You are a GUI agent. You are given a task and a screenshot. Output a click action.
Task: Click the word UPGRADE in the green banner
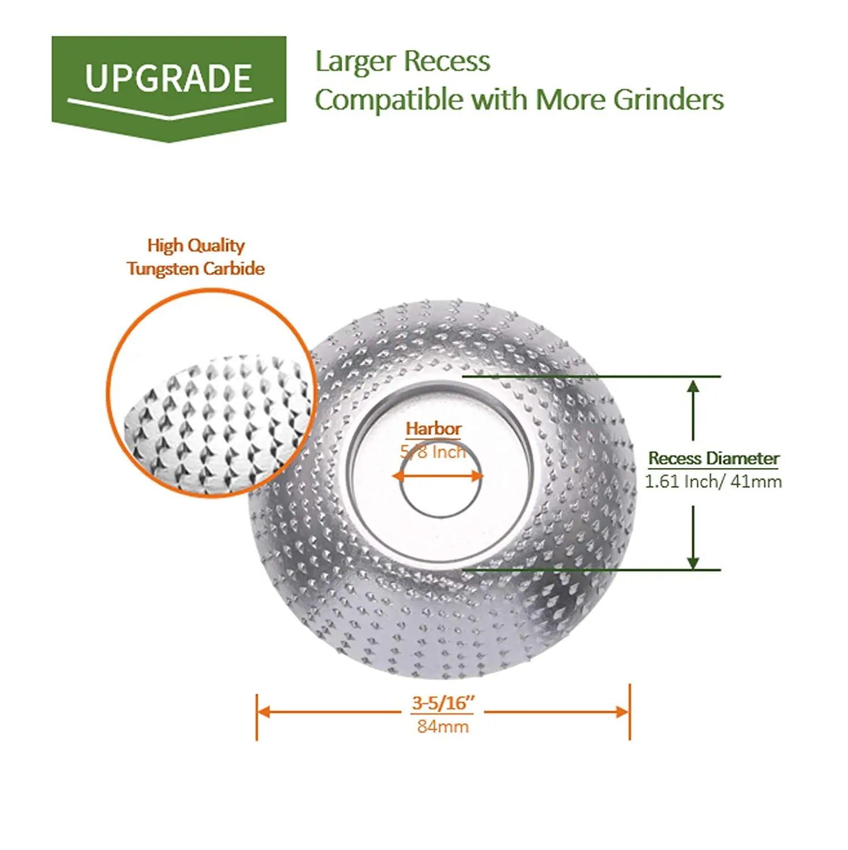[168, 78]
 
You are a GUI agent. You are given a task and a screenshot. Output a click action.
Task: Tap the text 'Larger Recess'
[402, 61]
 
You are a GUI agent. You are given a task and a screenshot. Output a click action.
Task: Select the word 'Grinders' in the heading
[668, 100]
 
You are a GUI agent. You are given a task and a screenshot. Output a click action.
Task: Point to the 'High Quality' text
[196, 245]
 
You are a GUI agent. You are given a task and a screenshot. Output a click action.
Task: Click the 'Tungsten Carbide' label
[196, 269]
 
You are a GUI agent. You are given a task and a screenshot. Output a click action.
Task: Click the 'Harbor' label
[434, 429]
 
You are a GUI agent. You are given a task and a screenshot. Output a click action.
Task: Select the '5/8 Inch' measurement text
[433, 452]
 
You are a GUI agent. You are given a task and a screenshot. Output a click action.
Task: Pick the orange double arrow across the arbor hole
[437, 475]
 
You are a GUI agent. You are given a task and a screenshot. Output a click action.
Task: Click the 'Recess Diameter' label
[714, 458]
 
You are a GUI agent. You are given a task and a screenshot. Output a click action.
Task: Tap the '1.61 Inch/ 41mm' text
[713, 482]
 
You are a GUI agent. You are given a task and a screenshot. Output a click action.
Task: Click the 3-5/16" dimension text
[443, 703]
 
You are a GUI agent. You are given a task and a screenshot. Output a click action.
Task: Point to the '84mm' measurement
[443, 726]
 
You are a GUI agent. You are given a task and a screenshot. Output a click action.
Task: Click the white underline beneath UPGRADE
[169, 108]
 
